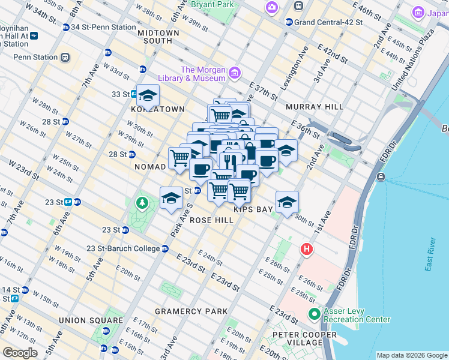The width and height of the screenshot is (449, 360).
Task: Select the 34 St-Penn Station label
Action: coord(103,27)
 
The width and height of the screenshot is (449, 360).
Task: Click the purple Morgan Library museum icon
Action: coord(234,73)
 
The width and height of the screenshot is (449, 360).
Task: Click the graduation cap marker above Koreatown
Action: coord(148,95)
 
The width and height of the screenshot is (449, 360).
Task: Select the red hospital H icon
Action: coord(307,248)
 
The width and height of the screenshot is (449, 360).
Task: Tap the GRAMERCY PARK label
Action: coord(191,311)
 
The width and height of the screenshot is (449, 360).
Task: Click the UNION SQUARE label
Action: coord(83,320)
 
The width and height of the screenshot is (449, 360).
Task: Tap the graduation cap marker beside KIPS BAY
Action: coord(287,202)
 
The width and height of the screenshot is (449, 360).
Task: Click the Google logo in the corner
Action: coord(20,352)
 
